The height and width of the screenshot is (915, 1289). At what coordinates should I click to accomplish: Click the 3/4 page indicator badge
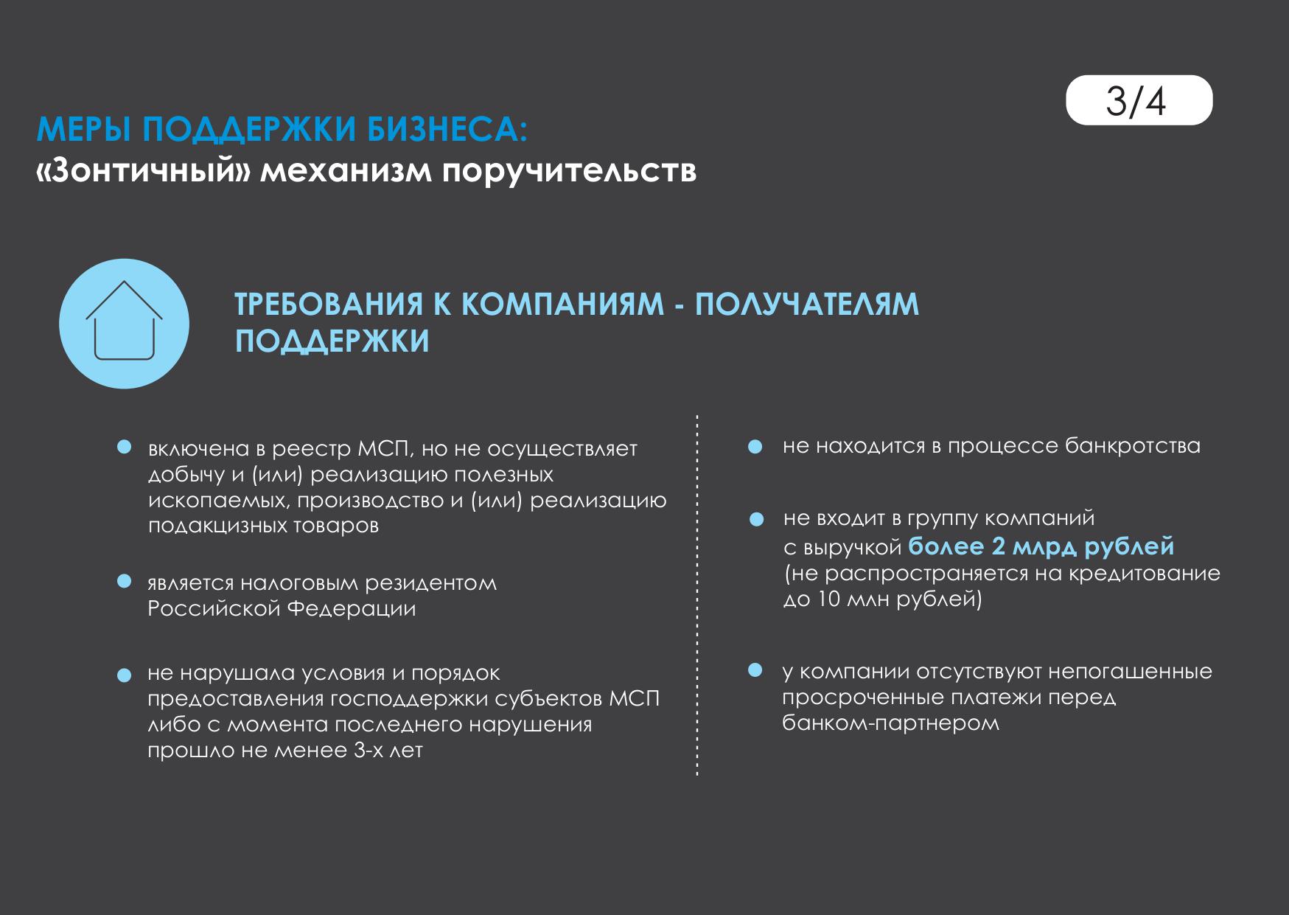click(1139, 100)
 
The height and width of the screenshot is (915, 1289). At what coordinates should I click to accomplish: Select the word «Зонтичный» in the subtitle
click(144, 171)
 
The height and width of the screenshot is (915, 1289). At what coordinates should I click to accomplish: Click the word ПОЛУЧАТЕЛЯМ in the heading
click(807, 305)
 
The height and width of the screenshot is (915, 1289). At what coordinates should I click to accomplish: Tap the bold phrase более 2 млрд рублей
click(1041, 547)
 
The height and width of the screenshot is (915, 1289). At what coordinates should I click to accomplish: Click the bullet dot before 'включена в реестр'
click(125, 448)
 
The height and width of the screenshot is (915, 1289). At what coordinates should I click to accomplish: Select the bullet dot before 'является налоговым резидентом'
click(125, 582)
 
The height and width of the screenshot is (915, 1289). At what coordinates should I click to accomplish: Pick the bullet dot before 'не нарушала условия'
click(125, 675)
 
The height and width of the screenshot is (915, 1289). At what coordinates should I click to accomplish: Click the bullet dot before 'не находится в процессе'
click(755, 448)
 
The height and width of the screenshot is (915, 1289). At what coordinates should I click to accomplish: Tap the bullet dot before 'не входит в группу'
click(755, 520)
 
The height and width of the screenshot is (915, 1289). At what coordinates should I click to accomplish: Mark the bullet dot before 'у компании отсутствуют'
click(755, 670)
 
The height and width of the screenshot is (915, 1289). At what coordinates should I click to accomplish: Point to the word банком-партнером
click(890, 723)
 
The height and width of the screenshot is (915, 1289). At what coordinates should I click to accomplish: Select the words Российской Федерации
click(282, 609)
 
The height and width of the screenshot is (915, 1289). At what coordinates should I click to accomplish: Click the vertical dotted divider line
click(696, 595)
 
